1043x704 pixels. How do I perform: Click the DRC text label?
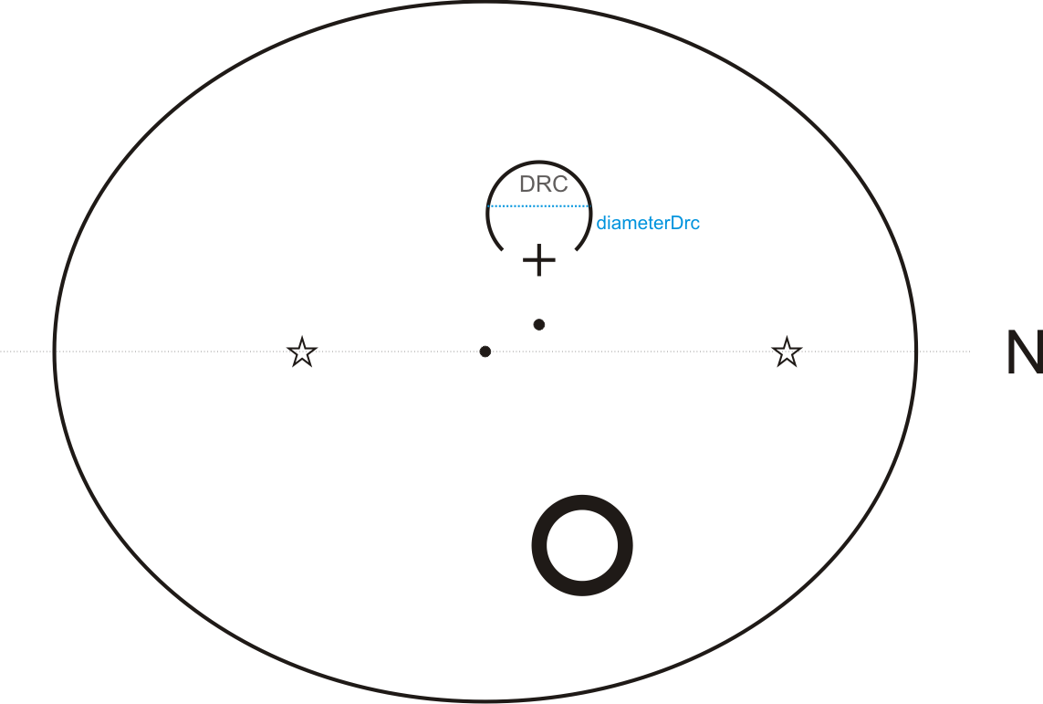click(x=543, y=184)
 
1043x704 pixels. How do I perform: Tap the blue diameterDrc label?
click(x=648, y=223)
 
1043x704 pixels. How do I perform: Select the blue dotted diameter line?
click(x=539, y=206)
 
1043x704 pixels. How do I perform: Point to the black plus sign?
click(x=539, y=261)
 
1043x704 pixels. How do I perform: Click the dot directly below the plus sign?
click(x=539, y=324)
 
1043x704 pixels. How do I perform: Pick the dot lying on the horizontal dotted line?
click(x=485, y=352)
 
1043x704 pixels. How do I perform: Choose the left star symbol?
click(x=302, y=352)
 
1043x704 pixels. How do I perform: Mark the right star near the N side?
click(x=787, y=352)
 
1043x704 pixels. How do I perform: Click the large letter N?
click(x=1024, y=352)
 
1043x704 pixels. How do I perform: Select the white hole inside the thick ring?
click(x=582, y=546)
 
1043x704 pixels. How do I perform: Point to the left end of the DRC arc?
click(x=500, y=248)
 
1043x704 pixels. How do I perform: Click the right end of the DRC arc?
click(x=578, y=248)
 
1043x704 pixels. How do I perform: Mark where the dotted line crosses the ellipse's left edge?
click(x=55, y=352)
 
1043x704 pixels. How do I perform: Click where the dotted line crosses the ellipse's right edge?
click(x=916, y=352)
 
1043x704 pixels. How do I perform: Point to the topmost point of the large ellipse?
click(x=485, y=3)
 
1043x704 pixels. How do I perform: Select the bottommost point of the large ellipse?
click(x=485, y=701)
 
